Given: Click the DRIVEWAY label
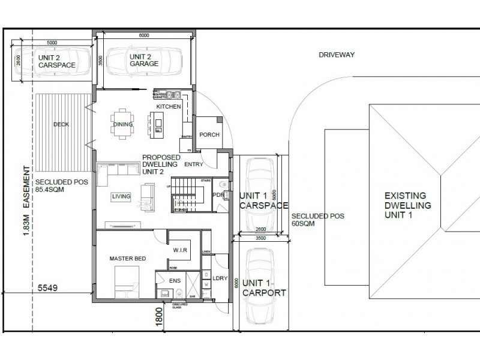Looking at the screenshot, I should [x=337, y=55].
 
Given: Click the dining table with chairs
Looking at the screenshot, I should [x=122, y=124].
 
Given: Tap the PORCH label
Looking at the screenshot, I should [x=209, y=134].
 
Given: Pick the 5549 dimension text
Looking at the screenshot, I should [x=53, y=288].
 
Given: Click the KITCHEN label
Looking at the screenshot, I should [x=169, y=106].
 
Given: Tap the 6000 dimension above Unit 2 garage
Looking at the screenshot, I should [x=144, y=36].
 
